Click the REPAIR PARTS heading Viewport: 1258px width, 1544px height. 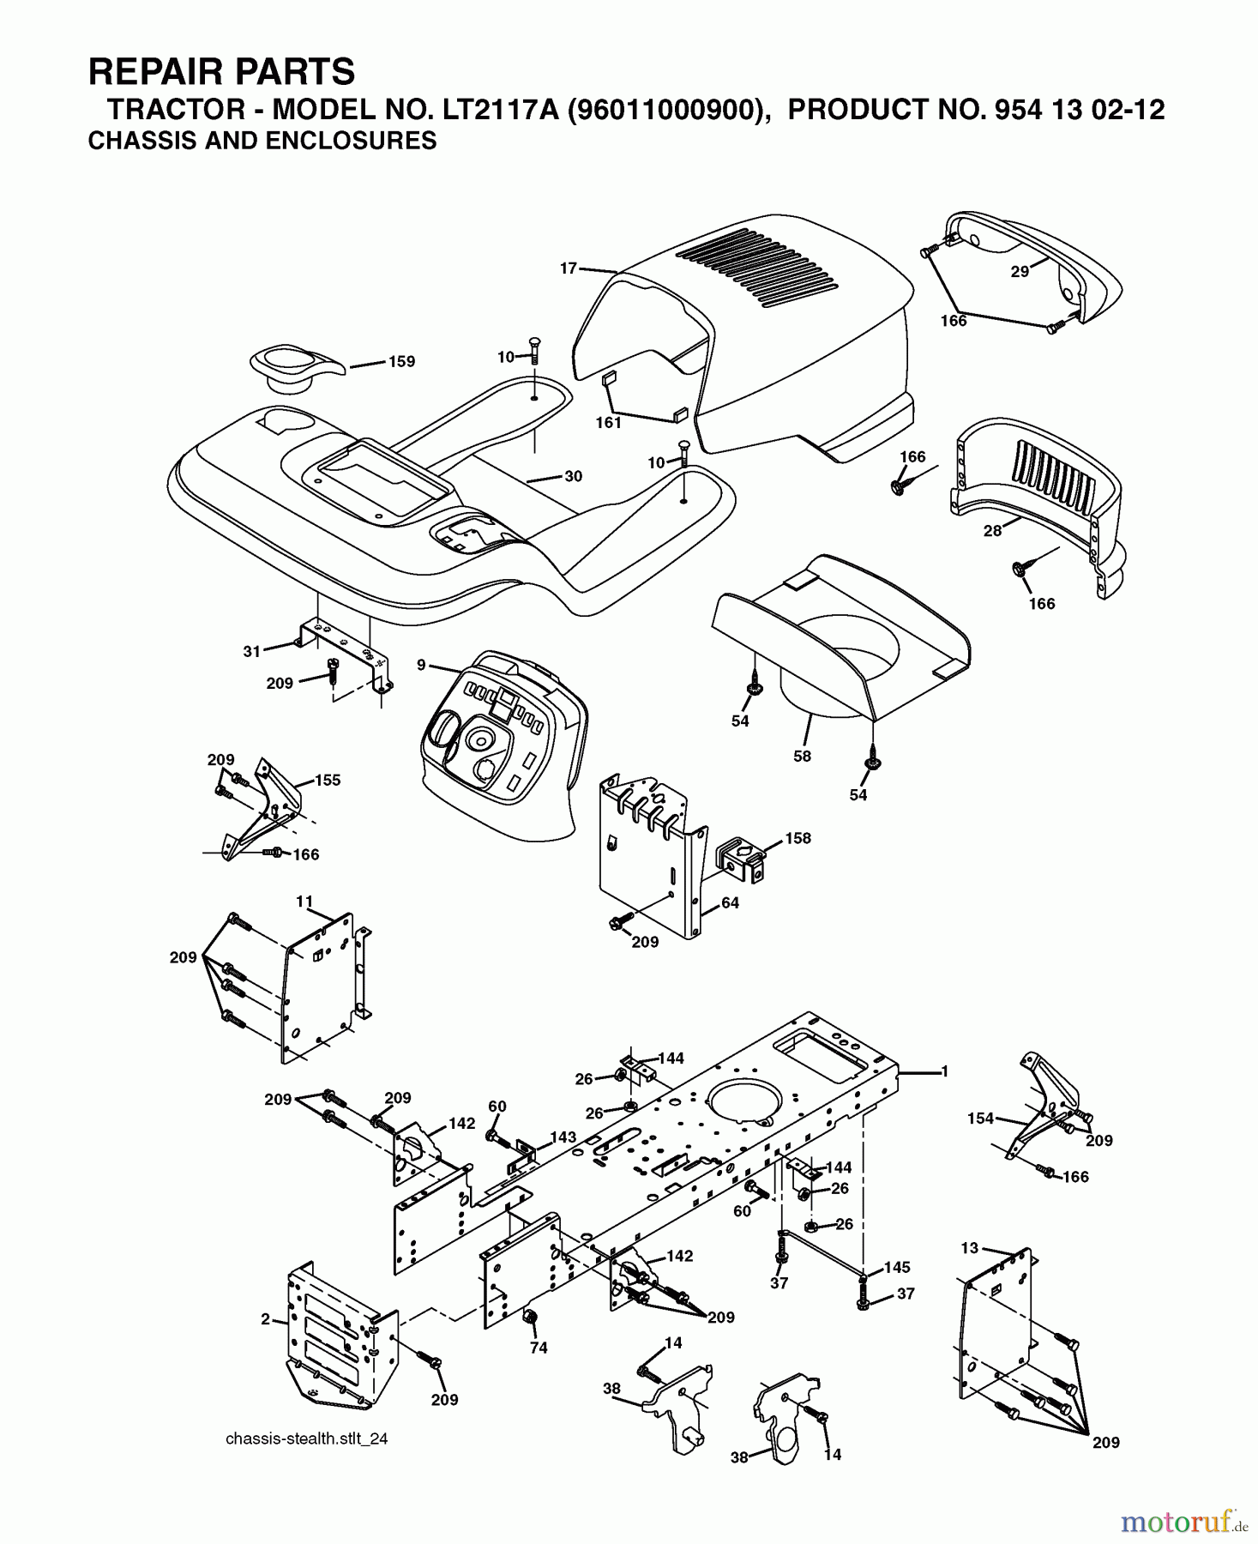pyautogui.click(x=221, y=72)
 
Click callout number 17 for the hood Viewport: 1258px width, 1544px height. pyautogui.click(x=569, y=268)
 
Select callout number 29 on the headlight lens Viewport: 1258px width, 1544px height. pyautogui.click(x=1020, y=272)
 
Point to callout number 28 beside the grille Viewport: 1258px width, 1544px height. pyautogui.click(x=992, y=531)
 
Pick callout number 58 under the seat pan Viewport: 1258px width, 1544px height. pyautogui.click(x=802, y=756)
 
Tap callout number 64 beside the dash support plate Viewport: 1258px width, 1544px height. pyautogui.click(x=730, y=902)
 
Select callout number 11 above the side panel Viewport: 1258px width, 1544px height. pyautogui.click(x=304, y=902)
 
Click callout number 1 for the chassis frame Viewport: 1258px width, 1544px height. pyautogui.click(x=944, y=1071)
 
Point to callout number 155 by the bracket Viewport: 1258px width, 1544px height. pyautogui.click(x=328, y=780)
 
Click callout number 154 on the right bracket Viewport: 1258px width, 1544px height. pyautogui.click(x=980, y=1118)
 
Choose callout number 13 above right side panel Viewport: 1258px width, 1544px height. pyautogui.click(x=969, y=1248)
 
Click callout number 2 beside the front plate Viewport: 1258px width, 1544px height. pyautogui.click(x=266, y=1318)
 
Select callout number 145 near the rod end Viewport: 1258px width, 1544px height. pyautogui.click(x=896, y=1267)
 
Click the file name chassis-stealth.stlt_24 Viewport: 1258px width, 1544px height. pyautogui.click(x=306, y=1438)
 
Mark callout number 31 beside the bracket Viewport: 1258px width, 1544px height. pyautogui.click(x=251, y=651)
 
